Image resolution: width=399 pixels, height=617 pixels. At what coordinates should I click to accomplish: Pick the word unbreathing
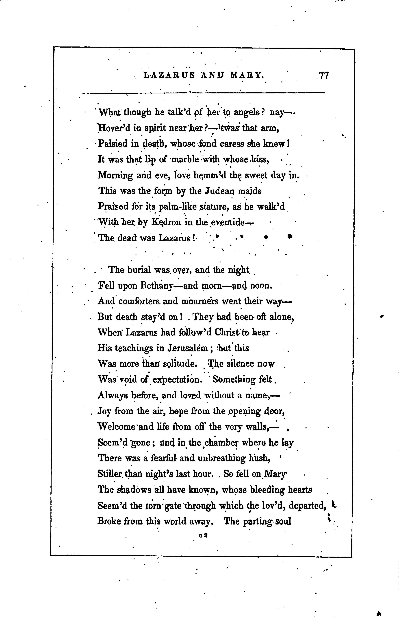point(221,458)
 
